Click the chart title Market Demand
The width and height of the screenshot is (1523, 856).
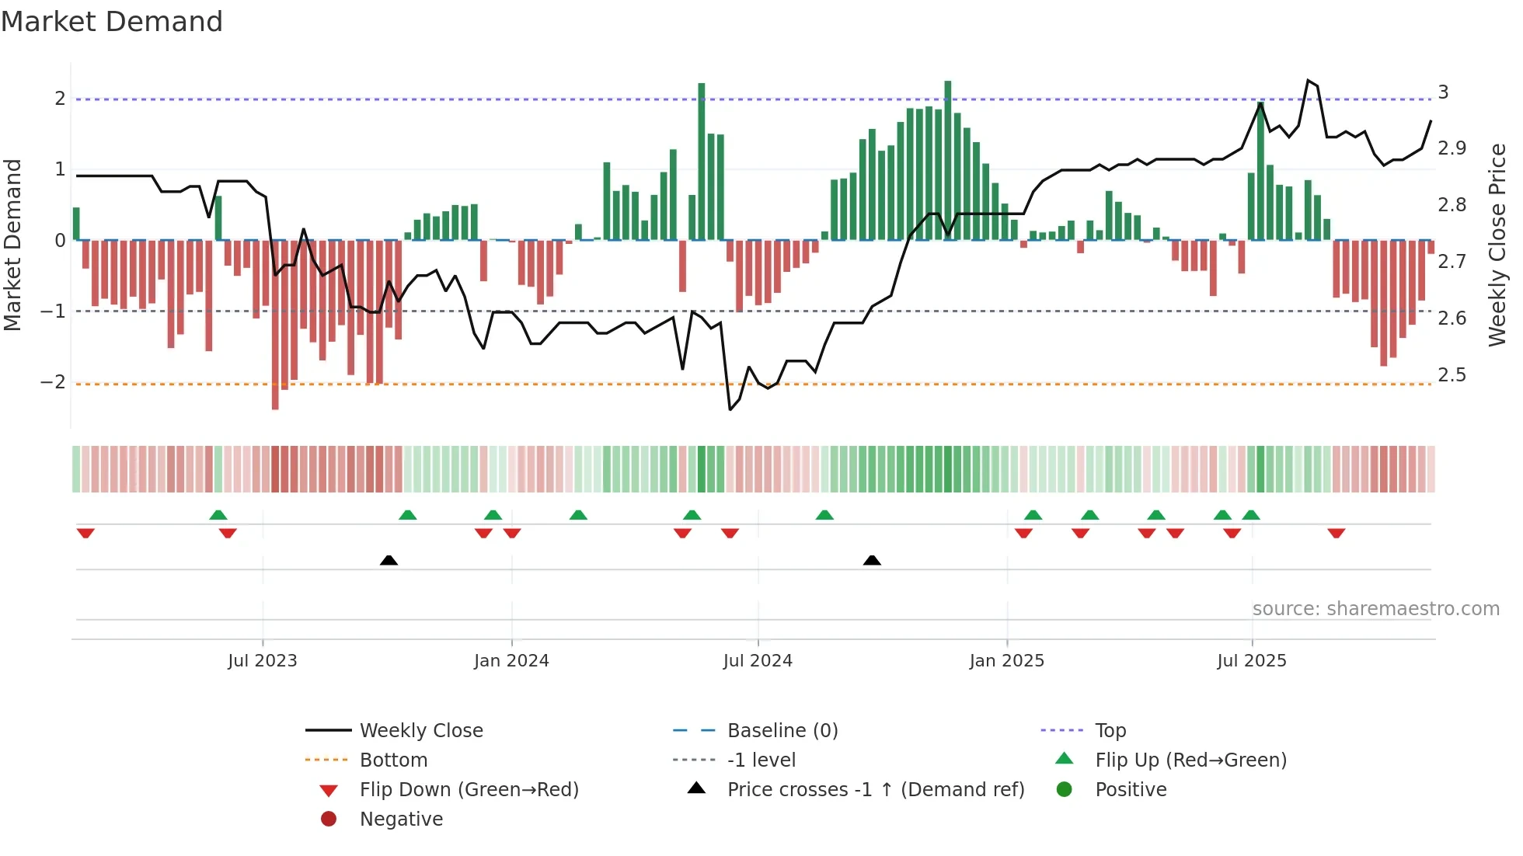pos(112,22)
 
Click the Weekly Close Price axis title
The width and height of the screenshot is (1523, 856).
pos(1497,245)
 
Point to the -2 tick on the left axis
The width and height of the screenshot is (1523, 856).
pos(53,382)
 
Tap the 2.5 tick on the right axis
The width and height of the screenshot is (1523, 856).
pos(1452,375)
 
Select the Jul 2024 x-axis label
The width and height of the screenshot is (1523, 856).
pos(758,661)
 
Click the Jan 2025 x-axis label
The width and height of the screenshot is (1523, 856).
pos(1006,661)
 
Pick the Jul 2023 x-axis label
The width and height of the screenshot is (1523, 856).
pos(263,661)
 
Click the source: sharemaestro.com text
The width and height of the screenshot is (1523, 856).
pos(1375,609)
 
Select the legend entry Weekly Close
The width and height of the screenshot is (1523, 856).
pos(420,731)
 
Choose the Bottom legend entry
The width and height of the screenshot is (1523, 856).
pos(393,760)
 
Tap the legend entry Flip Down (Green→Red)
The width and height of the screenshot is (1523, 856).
pos(469,790)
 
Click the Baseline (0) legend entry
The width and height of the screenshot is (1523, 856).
pos(782,731)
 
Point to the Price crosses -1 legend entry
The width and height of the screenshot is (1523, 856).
pos(875,790)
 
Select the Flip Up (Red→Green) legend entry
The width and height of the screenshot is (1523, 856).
pos(1190,760)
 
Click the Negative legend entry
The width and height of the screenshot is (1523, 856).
pos(401,819)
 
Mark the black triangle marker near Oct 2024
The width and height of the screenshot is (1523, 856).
pos(872,561)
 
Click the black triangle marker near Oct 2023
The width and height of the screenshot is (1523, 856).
pos(389,561)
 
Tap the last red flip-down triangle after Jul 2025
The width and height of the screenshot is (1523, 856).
pos(1337,534)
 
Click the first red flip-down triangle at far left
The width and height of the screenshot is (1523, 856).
pos(85,534)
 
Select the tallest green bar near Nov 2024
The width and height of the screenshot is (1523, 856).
pos(948,159)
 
